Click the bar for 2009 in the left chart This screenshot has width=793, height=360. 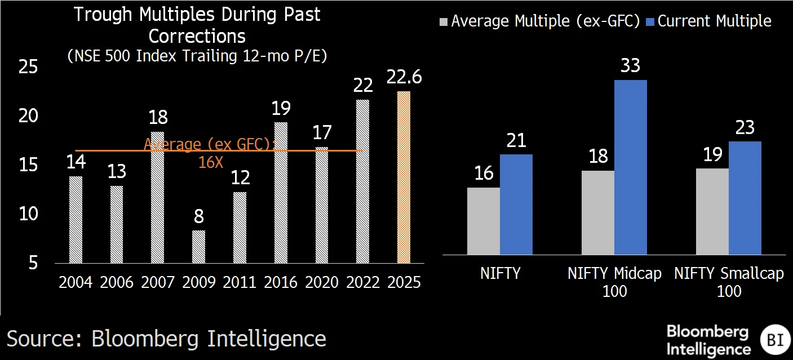(x=198, y=247)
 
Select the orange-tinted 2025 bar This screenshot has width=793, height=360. (x=404, y=177)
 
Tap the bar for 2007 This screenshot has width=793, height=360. (x=158, y=197)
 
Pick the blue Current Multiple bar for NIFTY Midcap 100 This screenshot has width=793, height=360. (x=631, y=167)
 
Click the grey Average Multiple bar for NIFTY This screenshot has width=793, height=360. (x=484, y=221)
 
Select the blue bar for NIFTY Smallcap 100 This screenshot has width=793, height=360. (x=745, y=198)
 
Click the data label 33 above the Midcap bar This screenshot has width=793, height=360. (x=630, y=66)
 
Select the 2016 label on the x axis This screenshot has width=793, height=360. (x=281, y=282)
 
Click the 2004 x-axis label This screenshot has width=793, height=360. (x=76, y=282)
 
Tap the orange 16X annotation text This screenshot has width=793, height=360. (x=211, y=162)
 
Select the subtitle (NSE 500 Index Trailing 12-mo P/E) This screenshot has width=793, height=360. (x=197, y=56)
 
